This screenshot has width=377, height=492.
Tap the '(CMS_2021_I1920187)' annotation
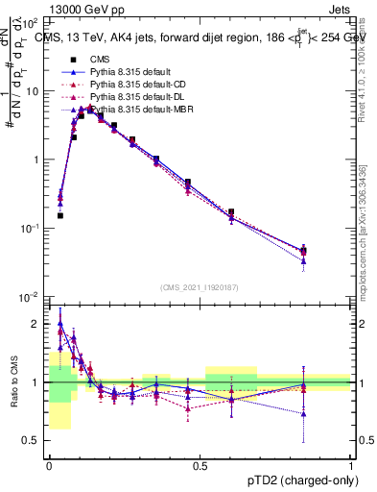[200, 286]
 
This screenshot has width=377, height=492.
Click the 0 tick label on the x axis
[49, 464]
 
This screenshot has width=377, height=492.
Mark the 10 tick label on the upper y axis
[32, 91]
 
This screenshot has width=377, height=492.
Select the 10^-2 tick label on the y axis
[29, 297]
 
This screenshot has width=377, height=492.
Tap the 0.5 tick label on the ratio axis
[34, 441]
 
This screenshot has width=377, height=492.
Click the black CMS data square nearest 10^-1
[59, 216]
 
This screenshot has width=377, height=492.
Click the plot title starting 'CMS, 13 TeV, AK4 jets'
[201, 37]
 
